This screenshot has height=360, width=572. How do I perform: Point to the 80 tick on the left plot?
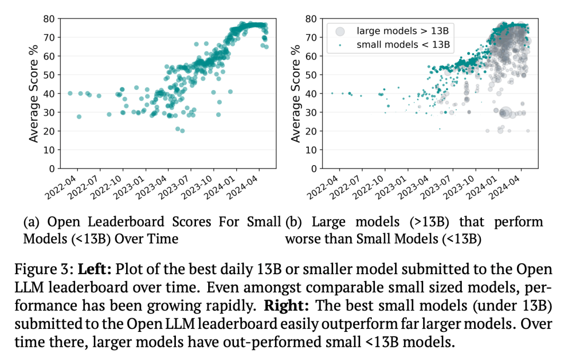[x=48, y=19]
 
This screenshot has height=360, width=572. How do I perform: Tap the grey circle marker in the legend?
[x=341, y=31]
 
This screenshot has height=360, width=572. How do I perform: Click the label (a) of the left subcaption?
[x=32, y=222]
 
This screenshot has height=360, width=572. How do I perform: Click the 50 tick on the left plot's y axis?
[x=48, y=75]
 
